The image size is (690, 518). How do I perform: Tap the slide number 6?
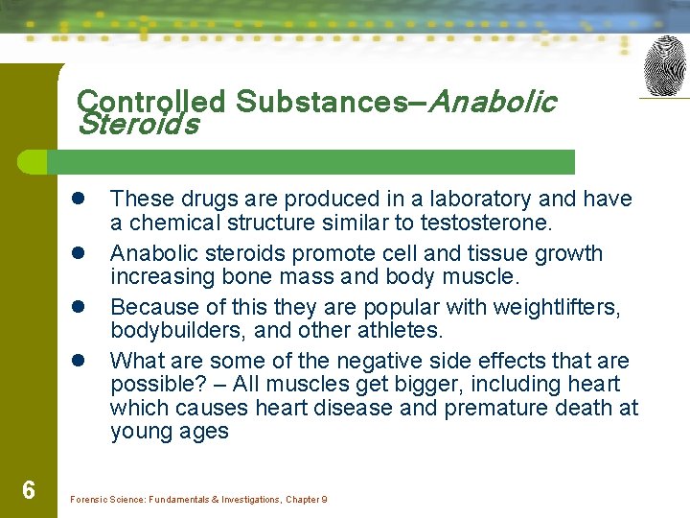(29, 491)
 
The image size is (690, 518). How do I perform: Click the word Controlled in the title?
(150, 102)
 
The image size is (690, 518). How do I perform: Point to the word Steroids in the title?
(139, 125)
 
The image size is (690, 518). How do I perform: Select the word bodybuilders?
(171, 330)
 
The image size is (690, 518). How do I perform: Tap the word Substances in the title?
(321, 102)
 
